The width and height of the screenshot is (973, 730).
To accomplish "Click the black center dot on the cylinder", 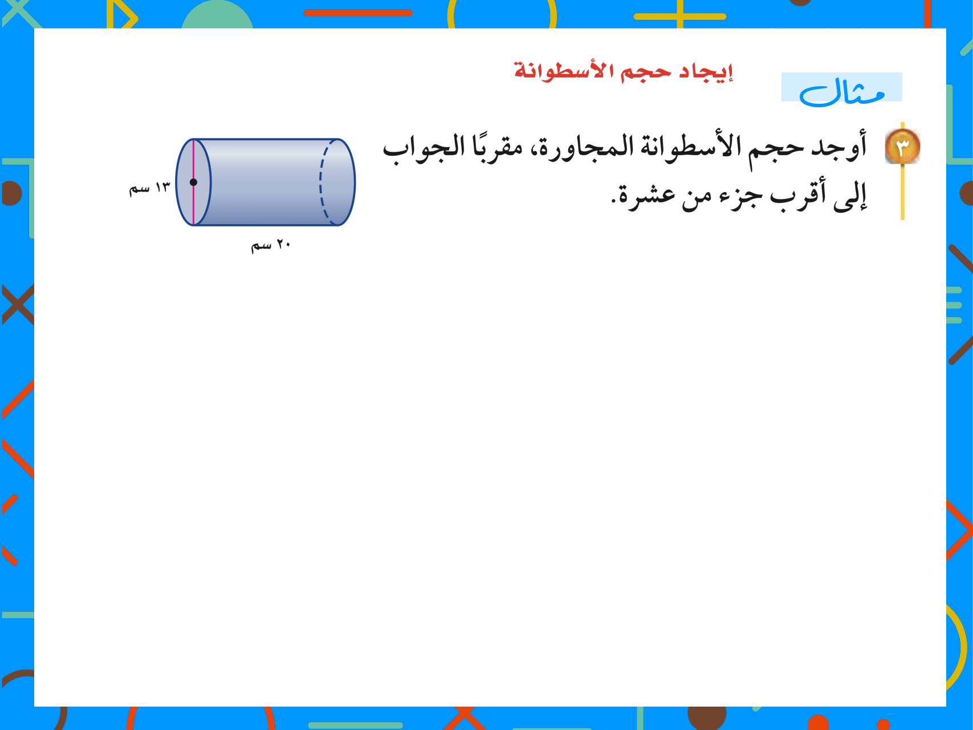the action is (193, 182).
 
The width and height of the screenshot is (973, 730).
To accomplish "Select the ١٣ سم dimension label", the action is (149, 188).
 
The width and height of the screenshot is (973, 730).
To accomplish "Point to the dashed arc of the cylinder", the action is (321, 182).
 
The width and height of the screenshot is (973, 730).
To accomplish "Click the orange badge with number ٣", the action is (902, 147).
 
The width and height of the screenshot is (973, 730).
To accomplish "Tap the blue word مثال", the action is (842, 91).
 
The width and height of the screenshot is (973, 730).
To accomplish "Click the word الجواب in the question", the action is (424, 147).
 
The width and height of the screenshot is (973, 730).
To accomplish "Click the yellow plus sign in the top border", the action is (680, 15).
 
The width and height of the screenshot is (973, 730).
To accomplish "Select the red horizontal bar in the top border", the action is (358, 13).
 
